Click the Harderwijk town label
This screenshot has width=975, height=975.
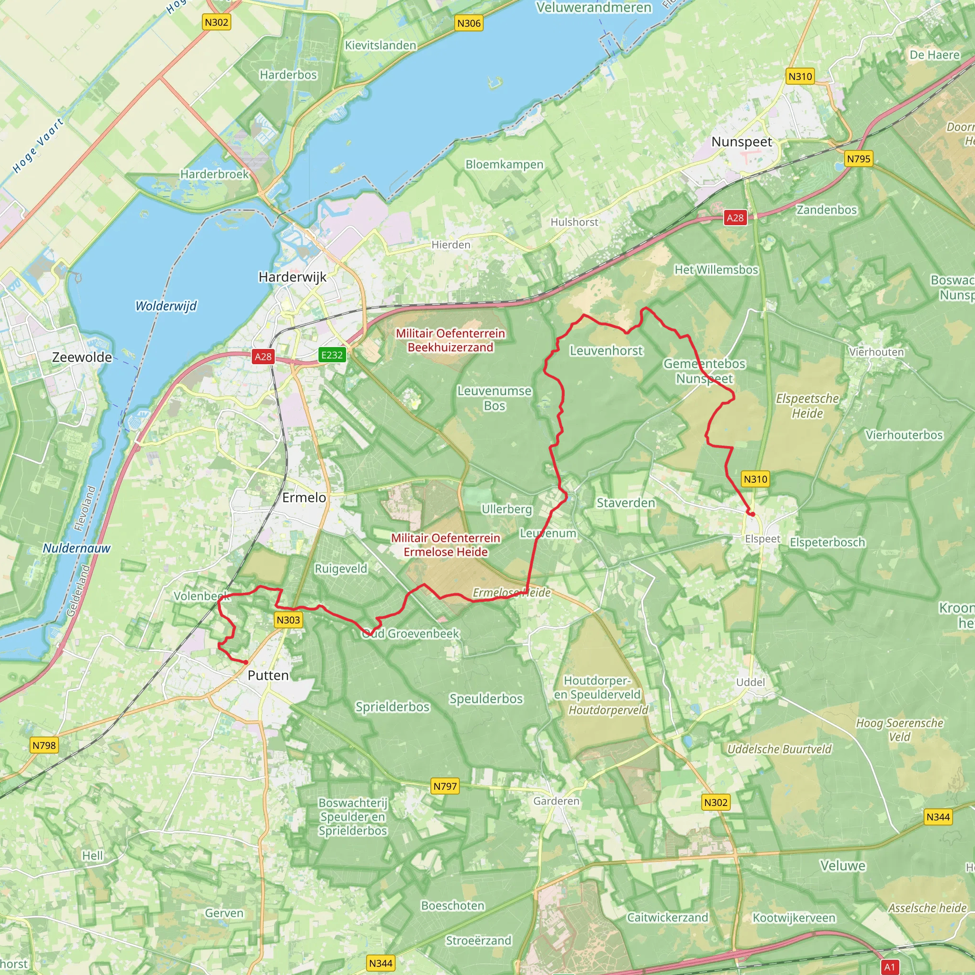coord(292,277)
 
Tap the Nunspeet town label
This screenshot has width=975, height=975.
coord(741,142)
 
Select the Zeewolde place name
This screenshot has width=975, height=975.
coord(82,358)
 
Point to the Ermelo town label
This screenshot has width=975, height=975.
coord(304,497)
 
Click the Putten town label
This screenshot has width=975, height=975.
coord(268,675)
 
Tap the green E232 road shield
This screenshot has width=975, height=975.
coord(331,355)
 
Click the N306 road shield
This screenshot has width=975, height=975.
coord(468,23)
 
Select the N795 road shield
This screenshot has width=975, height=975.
coord(858,159)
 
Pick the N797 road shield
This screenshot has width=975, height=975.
coord(445,786)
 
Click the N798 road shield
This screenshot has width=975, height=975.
coord(44,745)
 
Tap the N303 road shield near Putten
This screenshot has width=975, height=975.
coord(288,620)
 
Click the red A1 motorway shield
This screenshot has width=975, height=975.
coord(889,967)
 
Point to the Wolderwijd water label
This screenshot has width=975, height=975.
coord(166,306)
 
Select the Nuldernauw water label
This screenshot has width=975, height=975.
coord(76,548)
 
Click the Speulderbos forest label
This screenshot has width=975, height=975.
coord(486,698)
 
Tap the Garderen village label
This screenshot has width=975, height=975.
coord(556,800)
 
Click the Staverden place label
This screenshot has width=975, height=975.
coord(626,503)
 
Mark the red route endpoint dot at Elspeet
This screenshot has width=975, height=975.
coord(752,514)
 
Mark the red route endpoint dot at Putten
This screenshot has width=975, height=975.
coord(246,662)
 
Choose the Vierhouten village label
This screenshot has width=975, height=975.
coord(876,352)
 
